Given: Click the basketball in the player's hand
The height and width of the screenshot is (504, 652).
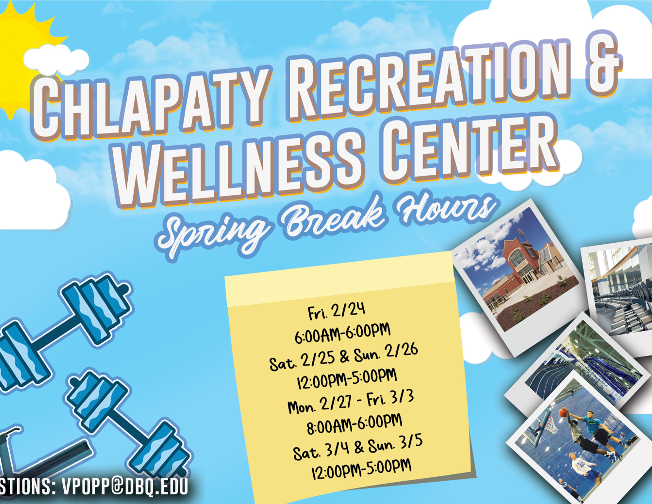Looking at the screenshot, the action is coord(562,413).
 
